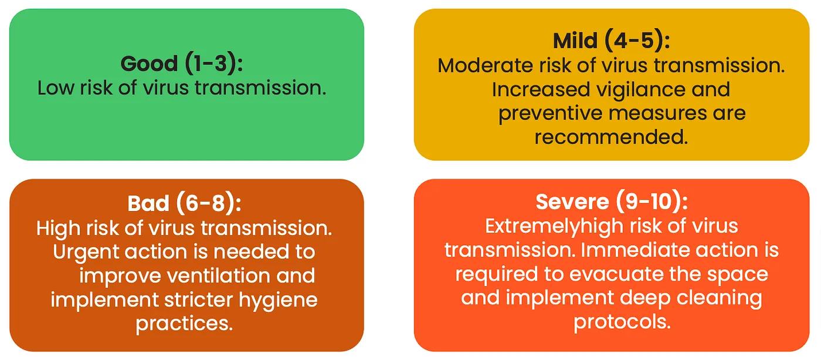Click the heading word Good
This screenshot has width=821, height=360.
149,63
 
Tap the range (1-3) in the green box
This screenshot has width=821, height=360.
214,63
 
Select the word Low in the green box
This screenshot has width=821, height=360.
56,89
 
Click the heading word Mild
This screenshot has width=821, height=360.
575,40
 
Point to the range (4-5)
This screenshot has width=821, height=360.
637,40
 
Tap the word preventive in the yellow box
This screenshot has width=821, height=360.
551,114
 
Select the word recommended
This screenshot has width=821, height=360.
611,137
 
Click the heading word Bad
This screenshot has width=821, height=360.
148,203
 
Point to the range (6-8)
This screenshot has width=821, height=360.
209,203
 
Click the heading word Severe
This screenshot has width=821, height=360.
572,202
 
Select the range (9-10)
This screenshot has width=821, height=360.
652,202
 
